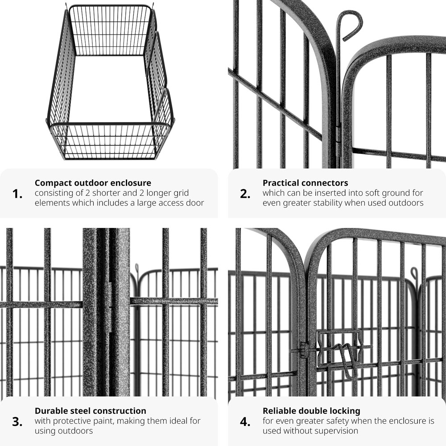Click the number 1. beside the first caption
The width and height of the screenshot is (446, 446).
pos(17,194)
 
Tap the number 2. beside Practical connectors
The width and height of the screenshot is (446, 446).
pos(245,194)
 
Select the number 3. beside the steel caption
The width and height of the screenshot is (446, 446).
pos(17,422)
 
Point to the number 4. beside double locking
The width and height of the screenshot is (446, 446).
pos(245,422)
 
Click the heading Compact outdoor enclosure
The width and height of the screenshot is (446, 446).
pos(93,183)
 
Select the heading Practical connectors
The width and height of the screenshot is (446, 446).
pos(305,183)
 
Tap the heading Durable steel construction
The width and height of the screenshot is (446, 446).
pos(91,411)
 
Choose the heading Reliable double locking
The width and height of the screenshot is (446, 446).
pos(311,411)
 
